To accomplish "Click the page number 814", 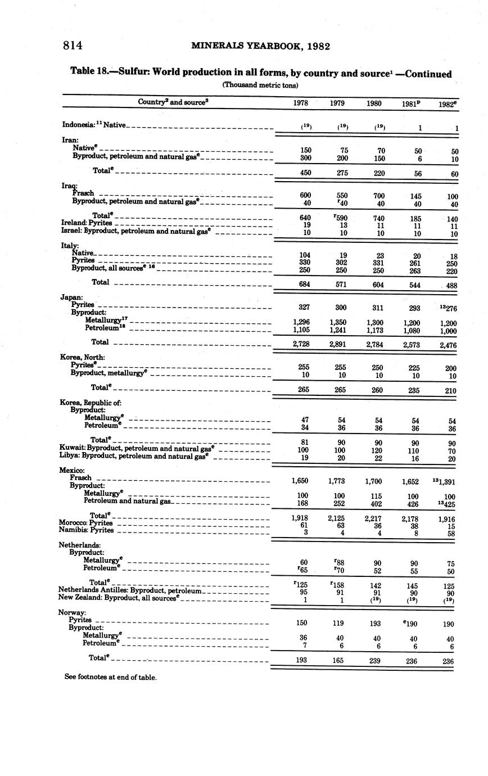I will click(x=73, y=46).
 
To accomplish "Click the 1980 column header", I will click(x=374, y=103).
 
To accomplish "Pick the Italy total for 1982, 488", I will click(x=448, y=286).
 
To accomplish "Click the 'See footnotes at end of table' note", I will click(x=110, y=677).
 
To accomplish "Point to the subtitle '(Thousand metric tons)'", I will click(x=260, y=85).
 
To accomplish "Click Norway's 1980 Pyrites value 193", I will click(x=376, y=623).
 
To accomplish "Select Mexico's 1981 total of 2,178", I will click(x=412, y=519).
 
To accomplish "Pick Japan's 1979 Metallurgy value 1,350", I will click(x=338, y=323).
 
